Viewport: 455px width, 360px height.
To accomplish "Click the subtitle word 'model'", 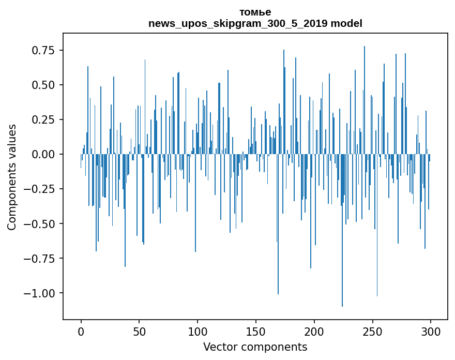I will tap(346, 23).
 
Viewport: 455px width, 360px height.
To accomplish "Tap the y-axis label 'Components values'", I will tap(12, 177).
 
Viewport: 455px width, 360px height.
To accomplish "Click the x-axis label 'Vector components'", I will tap(255, 347).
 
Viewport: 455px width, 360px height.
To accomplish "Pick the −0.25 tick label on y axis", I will tap(40, 189).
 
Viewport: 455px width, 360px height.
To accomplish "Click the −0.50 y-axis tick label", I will tap(40, 224).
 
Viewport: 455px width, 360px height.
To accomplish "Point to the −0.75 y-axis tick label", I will tap(40, 259).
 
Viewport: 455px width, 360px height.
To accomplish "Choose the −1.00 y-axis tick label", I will tap(40, 293).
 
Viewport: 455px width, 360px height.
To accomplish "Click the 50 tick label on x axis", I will tap(139, 332).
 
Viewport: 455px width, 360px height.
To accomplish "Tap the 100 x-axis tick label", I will tap(198, 332).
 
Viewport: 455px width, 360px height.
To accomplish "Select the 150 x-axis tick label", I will tap(256, 332).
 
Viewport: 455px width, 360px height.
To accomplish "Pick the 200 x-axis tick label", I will tap(314, 332).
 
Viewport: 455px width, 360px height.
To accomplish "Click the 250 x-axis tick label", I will tap(372, 332).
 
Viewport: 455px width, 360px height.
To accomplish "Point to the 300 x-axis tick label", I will tap(431, 332).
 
